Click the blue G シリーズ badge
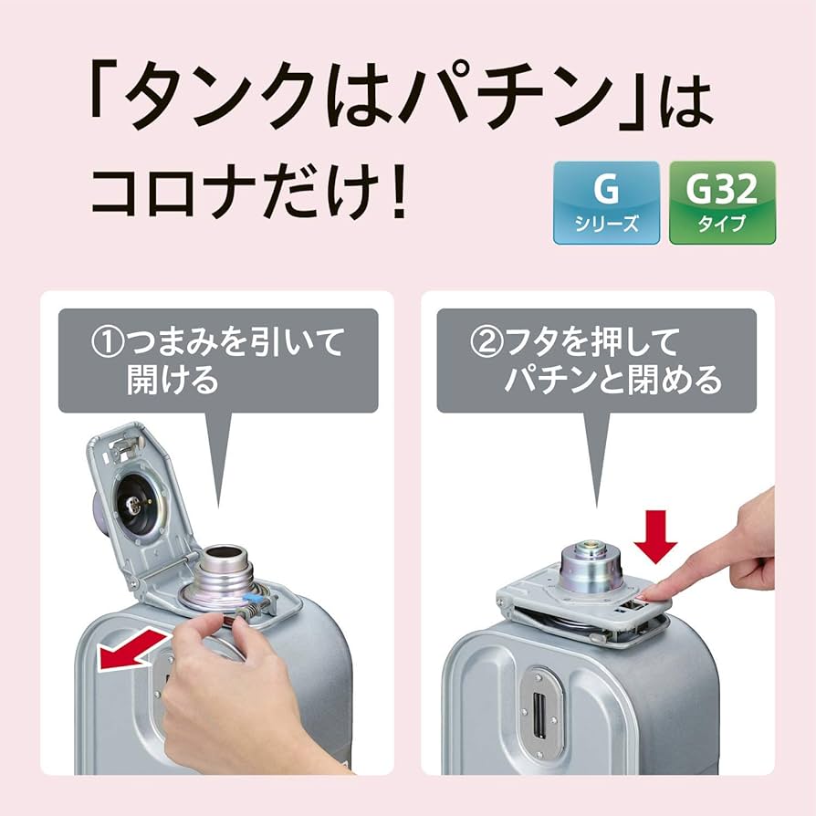606,202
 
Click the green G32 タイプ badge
722,202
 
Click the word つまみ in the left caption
173,343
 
